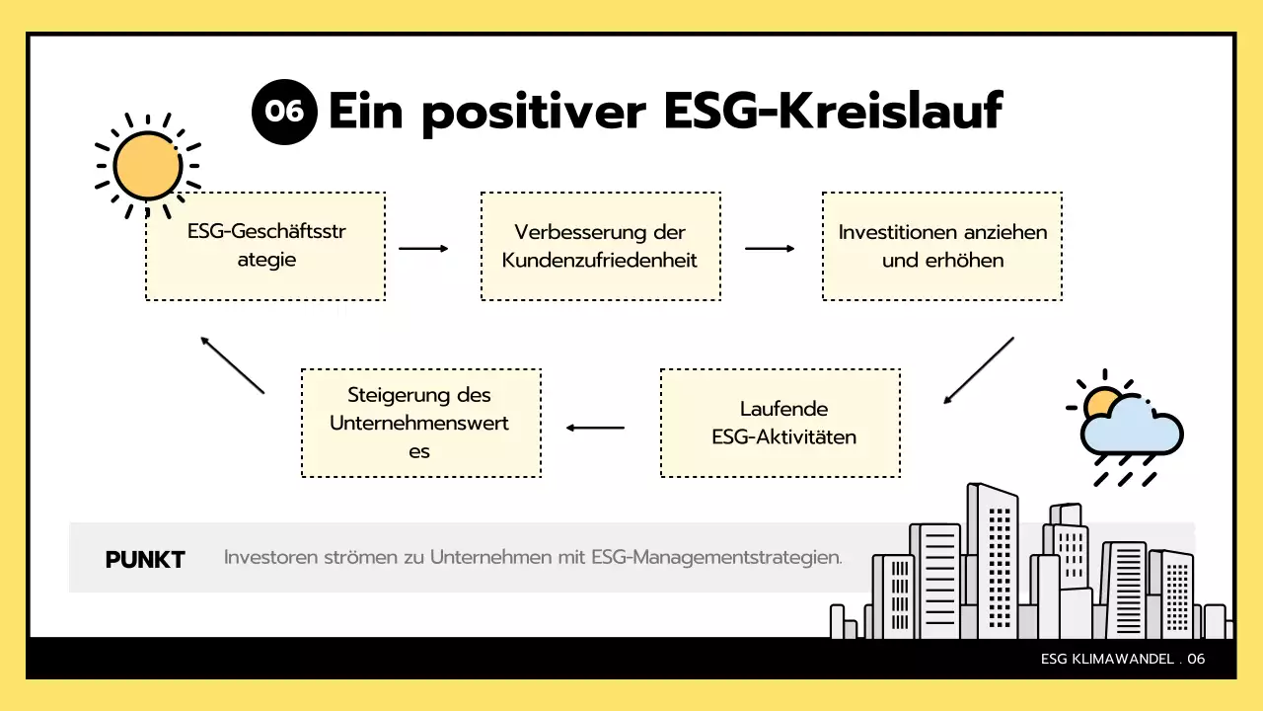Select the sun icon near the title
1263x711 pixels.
148,165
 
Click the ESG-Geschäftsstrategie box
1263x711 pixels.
265,246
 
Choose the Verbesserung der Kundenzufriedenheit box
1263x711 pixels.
600,246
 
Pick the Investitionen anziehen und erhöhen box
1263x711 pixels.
942,246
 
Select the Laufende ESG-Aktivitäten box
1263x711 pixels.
780,423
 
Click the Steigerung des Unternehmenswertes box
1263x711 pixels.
420,423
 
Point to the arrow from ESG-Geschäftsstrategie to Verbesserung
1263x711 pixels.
423,249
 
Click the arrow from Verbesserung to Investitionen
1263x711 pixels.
770,249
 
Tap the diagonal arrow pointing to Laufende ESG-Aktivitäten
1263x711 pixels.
978,370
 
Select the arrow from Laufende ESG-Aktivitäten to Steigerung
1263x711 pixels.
595,428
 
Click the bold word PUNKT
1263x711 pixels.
145,560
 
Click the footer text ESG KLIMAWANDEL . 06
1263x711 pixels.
1123,659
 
